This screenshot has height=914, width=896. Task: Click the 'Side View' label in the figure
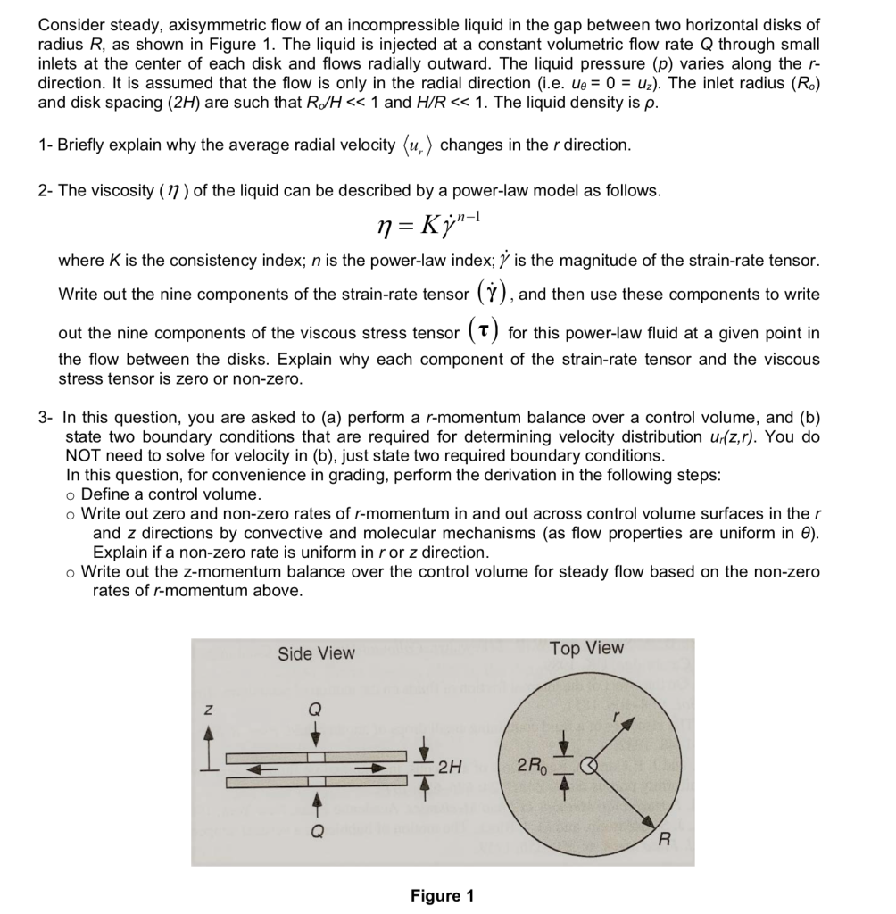[316, 653]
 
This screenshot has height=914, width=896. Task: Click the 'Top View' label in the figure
[587, 648]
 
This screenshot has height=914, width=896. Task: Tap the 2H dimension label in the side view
[452, 765]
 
